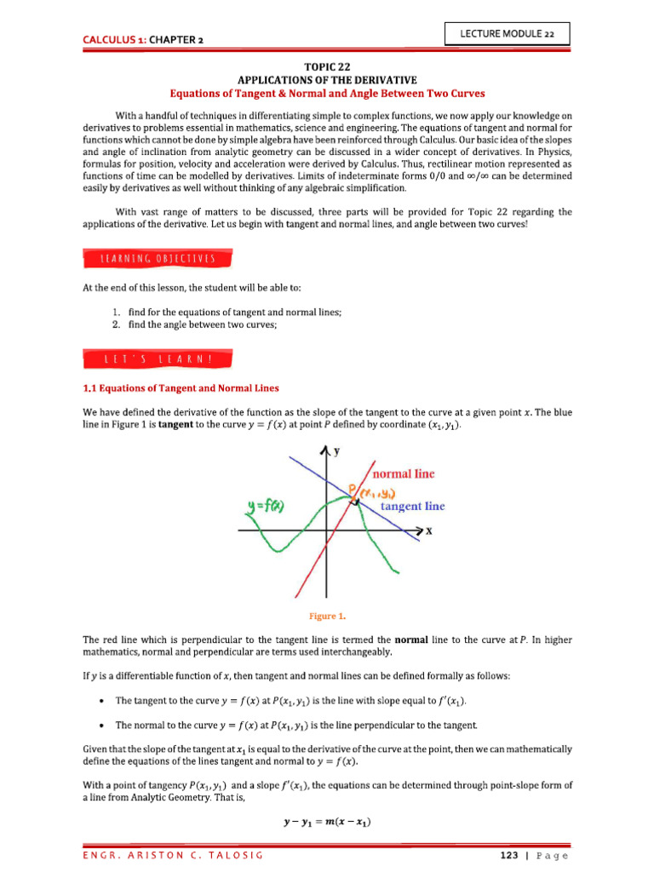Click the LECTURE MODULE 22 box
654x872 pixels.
pos(508,33)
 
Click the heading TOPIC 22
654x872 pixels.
pos(327,66)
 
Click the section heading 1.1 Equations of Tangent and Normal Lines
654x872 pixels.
pos(181,388)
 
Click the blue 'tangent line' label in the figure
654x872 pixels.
pos(412,506)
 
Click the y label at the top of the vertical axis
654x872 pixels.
pos(337,453)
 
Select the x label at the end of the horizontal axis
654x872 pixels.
pos(429,530)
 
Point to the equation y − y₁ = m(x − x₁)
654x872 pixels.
pos(327,822)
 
